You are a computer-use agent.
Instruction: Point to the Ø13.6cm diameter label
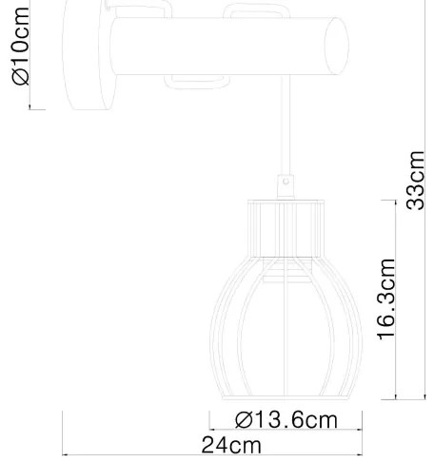pos(286,420)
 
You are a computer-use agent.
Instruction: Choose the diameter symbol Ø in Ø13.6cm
pos(242,420)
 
